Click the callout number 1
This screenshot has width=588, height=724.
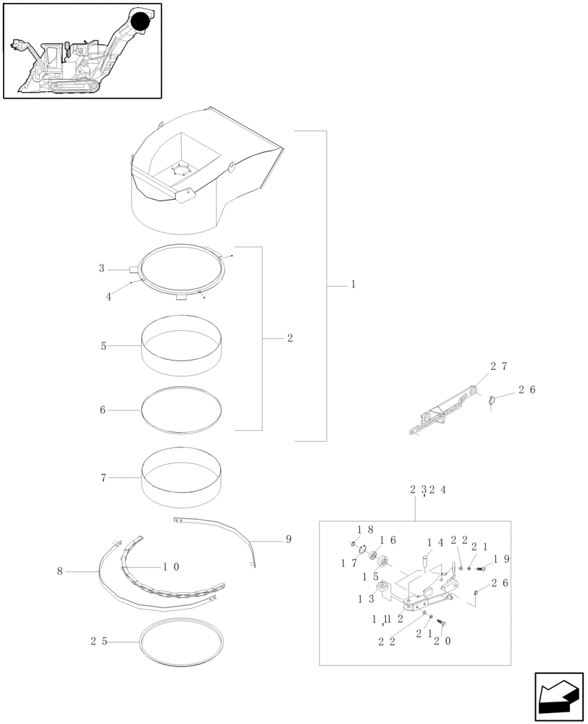[353, 285]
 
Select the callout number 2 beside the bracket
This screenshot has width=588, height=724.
[290, 338]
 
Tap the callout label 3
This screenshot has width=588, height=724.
[102, 269]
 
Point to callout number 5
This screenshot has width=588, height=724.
[104, 346]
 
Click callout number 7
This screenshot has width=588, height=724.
[104, 478]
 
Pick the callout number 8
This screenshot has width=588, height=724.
[59, 571]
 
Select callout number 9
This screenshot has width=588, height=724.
[288, 539]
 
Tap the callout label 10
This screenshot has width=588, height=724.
[171, 567]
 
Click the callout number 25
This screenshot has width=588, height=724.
[100, 641]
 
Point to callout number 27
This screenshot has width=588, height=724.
[499, 366]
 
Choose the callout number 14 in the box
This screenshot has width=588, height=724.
[434, 542]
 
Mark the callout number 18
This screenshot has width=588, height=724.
[365, 530]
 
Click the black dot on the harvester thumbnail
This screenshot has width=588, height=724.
[139, 22]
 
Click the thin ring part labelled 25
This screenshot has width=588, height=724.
[181, 640]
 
